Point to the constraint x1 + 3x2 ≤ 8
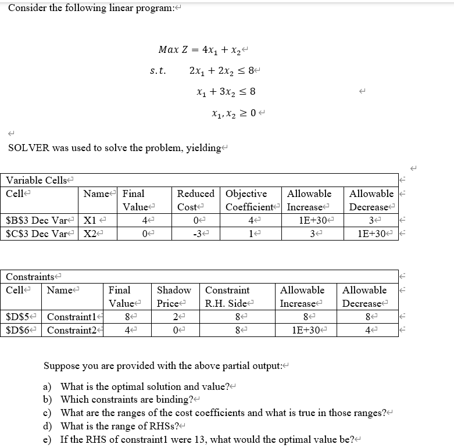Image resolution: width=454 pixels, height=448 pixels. [x=226, y=92]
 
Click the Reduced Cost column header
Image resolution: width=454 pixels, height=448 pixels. [x=195, y=200]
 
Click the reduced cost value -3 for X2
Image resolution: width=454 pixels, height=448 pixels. [x=195, y=234]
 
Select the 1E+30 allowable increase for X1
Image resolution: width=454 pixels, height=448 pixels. [x=308, y=221]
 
